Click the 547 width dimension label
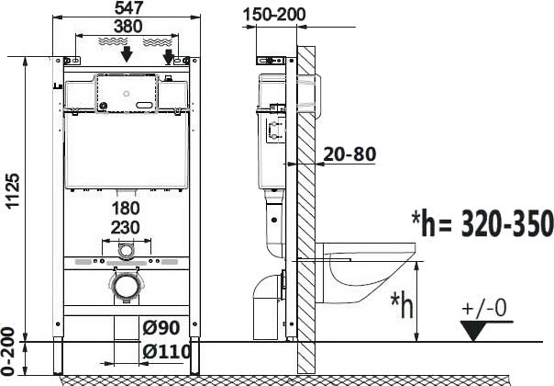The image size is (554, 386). coord(128,7)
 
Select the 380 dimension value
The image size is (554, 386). coord(128,27)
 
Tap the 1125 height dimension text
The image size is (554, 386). coord(14,190)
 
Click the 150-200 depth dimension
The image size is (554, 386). coord(274,15)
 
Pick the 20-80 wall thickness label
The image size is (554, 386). coord(349,154)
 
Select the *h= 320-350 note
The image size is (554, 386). coord(482,223)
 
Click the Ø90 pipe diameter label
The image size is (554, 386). coord(161,328)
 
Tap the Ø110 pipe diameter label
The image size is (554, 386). coord(167,352)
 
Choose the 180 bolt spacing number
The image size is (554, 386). coord(126,209)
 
